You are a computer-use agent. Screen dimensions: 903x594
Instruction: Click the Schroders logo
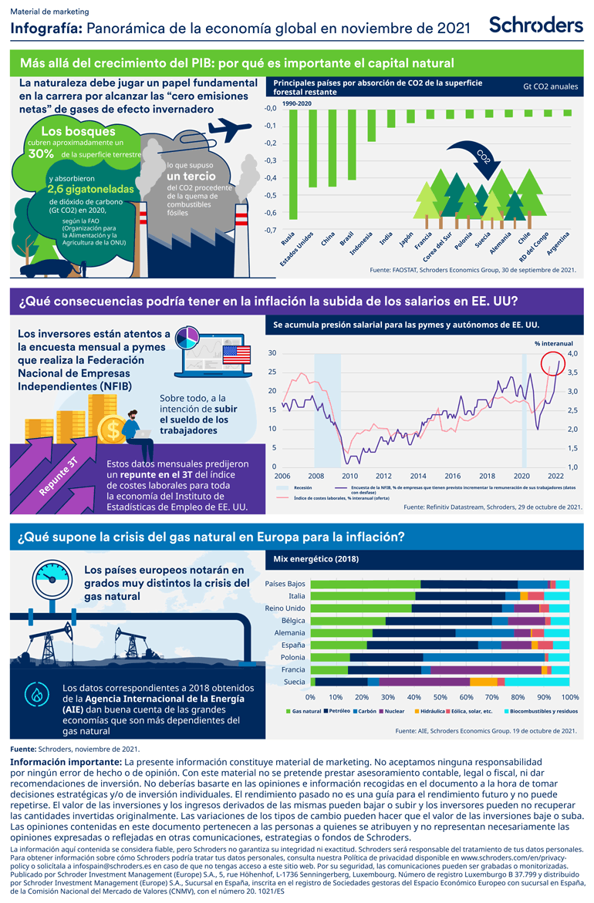click(536, 24)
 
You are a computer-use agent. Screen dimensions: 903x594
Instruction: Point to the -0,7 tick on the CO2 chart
click(272, 231)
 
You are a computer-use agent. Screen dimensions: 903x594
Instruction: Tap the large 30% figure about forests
click(40, 153)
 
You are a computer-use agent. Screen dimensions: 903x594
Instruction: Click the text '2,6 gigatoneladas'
click(90, 188)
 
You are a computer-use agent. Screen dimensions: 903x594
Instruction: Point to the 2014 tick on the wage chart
click(418, 476)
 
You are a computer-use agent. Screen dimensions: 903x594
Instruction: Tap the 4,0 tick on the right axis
click(567, 353)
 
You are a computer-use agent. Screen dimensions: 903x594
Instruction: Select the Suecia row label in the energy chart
click(294, 682)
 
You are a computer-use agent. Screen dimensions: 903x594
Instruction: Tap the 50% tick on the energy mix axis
click(440, 696)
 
